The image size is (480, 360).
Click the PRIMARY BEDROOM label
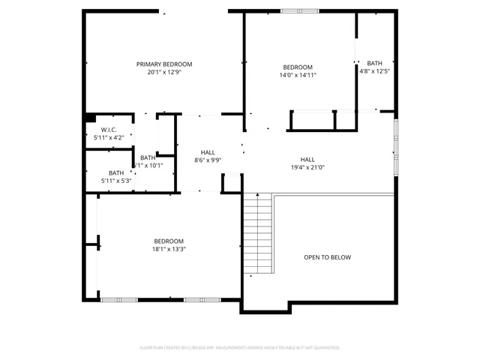point(164,64)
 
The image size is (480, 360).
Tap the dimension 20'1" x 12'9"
point(164,73)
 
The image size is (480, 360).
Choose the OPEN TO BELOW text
point(327,257)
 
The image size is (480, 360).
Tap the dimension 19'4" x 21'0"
point(307,167)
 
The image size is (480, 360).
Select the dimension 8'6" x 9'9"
point(208,160)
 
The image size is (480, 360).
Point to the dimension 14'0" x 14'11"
point(298,75)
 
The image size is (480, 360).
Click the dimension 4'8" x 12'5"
point(374,71)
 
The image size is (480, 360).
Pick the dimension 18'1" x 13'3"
point(169,249)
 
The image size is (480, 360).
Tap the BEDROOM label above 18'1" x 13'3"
point(169,241)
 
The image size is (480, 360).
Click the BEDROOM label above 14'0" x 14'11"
point(298,67)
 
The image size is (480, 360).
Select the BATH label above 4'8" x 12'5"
point(374,63)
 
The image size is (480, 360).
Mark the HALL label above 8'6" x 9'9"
point(208,152)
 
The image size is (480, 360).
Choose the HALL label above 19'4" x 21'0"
point(307,159)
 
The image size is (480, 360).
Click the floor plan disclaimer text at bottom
point(240,348)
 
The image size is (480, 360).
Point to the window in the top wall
point(298,11)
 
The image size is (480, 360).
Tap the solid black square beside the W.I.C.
point(90,117)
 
